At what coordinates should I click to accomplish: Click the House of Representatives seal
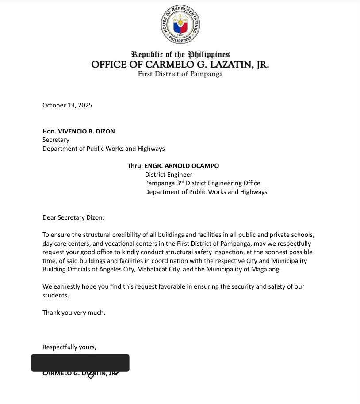pos(180,24)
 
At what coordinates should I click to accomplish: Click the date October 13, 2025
pos(67,105)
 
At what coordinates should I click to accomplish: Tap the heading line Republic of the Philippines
pos(180,55)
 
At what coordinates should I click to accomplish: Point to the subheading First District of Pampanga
pos(180,74)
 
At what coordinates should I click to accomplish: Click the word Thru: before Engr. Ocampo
pos(135,166)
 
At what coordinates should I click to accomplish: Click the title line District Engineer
pos(169,175)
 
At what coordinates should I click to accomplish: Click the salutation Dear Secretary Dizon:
pos(73,217)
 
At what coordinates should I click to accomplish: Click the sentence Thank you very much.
pos(74,313)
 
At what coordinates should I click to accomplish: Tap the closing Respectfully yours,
pos(69,347)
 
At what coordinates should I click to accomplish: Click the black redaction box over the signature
pos(80,363)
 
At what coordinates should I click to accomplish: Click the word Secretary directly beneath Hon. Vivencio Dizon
pos(56,140)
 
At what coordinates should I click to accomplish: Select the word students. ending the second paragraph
pos(56,295)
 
